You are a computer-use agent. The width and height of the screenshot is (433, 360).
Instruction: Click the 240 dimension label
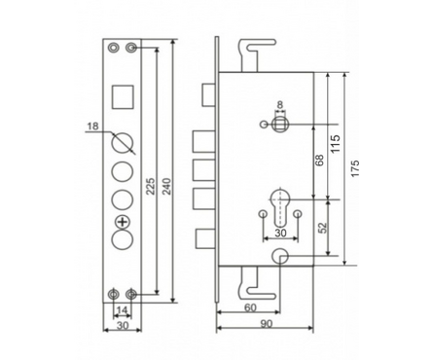pos(166,186)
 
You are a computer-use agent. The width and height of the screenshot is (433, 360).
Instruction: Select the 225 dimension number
pos(150,186)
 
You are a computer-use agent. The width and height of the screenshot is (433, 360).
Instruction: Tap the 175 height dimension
pos(355,168)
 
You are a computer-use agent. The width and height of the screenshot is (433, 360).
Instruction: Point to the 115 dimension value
pos(336,143)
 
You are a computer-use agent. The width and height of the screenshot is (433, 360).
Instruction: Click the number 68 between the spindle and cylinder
pos(320,161)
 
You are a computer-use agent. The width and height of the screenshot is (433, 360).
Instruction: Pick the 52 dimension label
pos(322,228)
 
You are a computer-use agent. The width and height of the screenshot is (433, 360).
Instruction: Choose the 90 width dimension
pos(267,324)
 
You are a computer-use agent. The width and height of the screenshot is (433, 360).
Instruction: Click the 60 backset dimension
pos(250,307)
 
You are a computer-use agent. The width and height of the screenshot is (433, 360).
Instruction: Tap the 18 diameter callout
pos(92,126)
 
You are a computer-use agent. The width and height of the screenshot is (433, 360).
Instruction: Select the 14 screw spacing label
pos(122,310)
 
